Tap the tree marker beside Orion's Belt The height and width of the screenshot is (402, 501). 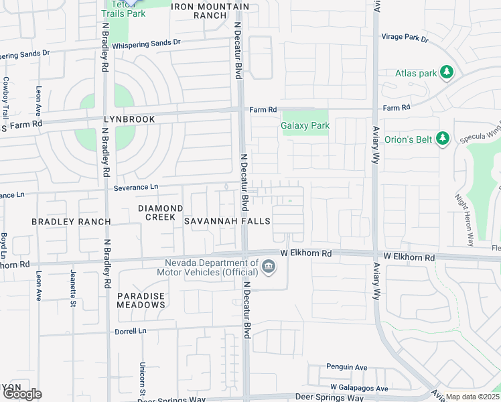442,139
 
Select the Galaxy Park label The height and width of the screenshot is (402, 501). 305,125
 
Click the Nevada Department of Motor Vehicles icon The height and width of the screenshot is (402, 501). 268,267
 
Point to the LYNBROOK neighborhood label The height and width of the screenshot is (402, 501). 129,119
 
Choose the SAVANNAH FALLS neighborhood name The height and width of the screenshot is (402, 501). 227,221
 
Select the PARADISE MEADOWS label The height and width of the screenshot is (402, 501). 141,300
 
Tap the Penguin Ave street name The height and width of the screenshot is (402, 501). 347,367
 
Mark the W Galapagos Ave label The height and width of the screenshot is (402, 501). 359,389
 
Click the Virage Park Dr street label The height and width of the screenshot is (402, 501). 405,38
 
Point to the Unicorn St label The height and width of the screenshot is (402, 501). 143,377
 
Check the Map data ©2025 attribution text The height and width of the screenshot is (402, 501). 472,397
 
